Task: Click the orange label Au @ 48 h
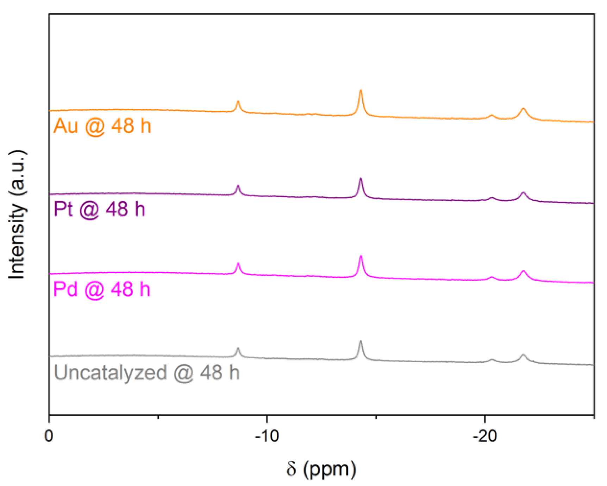click(x=102, y=126)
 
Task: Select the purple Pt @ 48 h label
click(x=99, y=209)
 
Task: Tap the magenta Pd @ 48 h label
click(x=102, y=289)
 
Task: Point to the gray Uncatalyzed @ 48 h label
click(x=146, y=373)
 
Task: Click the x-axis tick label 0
click(x=49, y=436)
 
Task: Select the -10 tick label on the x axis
click(x=267, y=436)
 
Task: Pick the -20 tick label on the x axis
click(x=484, y=436)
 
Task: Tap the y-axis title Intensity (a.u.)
click(x=17, y=215)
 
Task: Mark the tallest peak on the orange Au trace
click(x=361, y=91)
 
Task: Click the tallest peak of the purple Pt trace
click(x=361, y=179)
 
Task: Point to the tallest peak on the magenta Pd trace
click(x=361, y=256)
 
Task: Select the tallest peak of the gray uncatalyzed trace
click(x=361, y=341)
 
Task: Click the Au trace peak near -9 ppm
click(x=238, y=102)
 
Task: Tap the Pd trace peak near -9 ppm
click(x=238, y=263)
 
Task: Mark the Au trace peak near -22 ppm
click(x=523, y=109)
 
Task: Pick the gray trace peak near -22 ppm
click(x=523, y=355)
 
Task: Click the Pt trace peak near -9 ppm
click(x=238, y=185)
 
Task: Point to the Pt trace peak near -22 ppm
click(x=523, y=193)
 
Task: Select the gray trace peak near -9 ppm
click(x=238, y=348)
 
